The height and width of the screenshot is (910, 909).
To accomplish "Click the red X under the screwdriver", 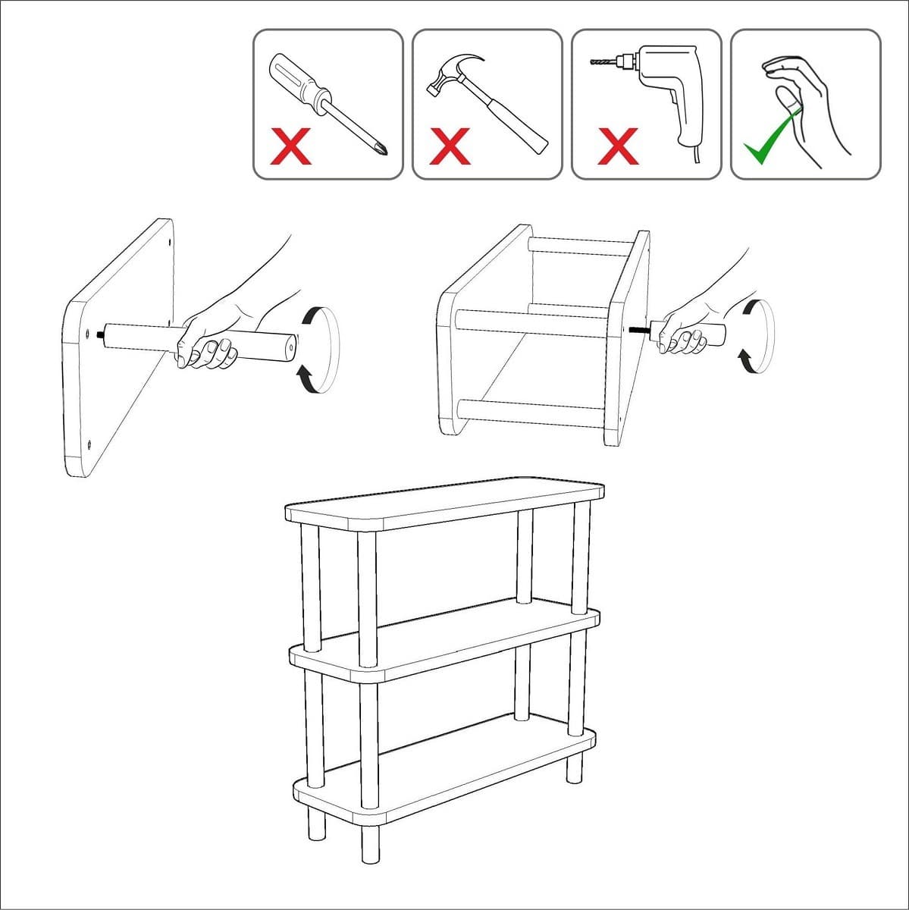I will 291,147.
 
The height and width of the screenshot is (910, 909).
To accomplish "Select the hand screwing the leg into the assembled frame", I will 686,334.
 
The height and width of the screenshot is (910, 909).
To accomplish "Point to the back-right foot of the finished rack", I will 575,766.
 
